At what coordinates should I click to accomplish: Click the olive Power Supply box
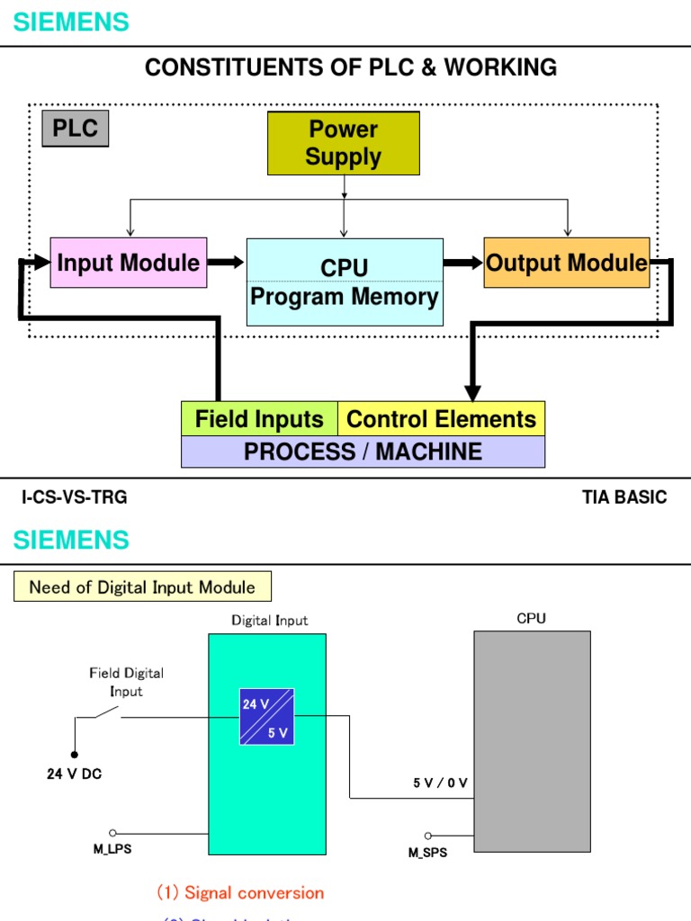pos(344,143)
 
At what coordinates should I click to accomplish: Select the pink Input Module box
pos(128,263)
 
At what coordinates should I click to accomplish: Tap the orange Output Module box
pos(566,263)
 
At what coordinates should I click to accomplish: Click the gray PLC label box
pos(75,128)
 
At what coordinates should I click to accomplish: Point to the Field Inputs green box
pos(259,419)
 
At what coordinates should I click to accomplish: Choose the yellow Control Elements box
pos(441,419)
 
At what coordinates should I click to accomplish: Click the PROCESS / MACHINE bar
pos(363,452)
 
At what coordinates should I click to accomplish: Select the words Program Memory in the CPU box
pos(345,297)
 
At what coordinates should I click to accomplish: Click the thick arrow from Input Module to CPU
pos(226,262)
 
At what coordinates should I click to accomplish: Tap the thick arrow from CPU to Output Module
pos(463,263)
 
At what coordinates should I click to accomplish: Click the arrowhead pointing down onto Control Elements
pos(472,392)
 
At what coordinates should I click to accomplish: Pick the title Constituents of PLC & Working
pos(351,67)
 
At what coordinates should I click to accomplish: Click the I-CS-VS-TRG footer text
pos(75,497)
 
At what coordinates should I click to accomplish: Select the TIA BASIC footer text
pos(624,497)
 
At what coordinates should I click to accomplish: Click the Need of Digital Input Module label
pos(142,587)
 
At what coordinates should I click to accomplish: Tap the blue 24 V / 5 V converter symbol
pos(267,717)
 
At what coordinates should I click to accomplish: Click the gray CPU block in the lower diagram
pos(532,740)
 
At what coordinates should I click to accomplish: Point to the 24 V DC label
pos(75,773)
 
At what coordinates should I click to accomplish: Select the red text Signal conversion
pos(241,893)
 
